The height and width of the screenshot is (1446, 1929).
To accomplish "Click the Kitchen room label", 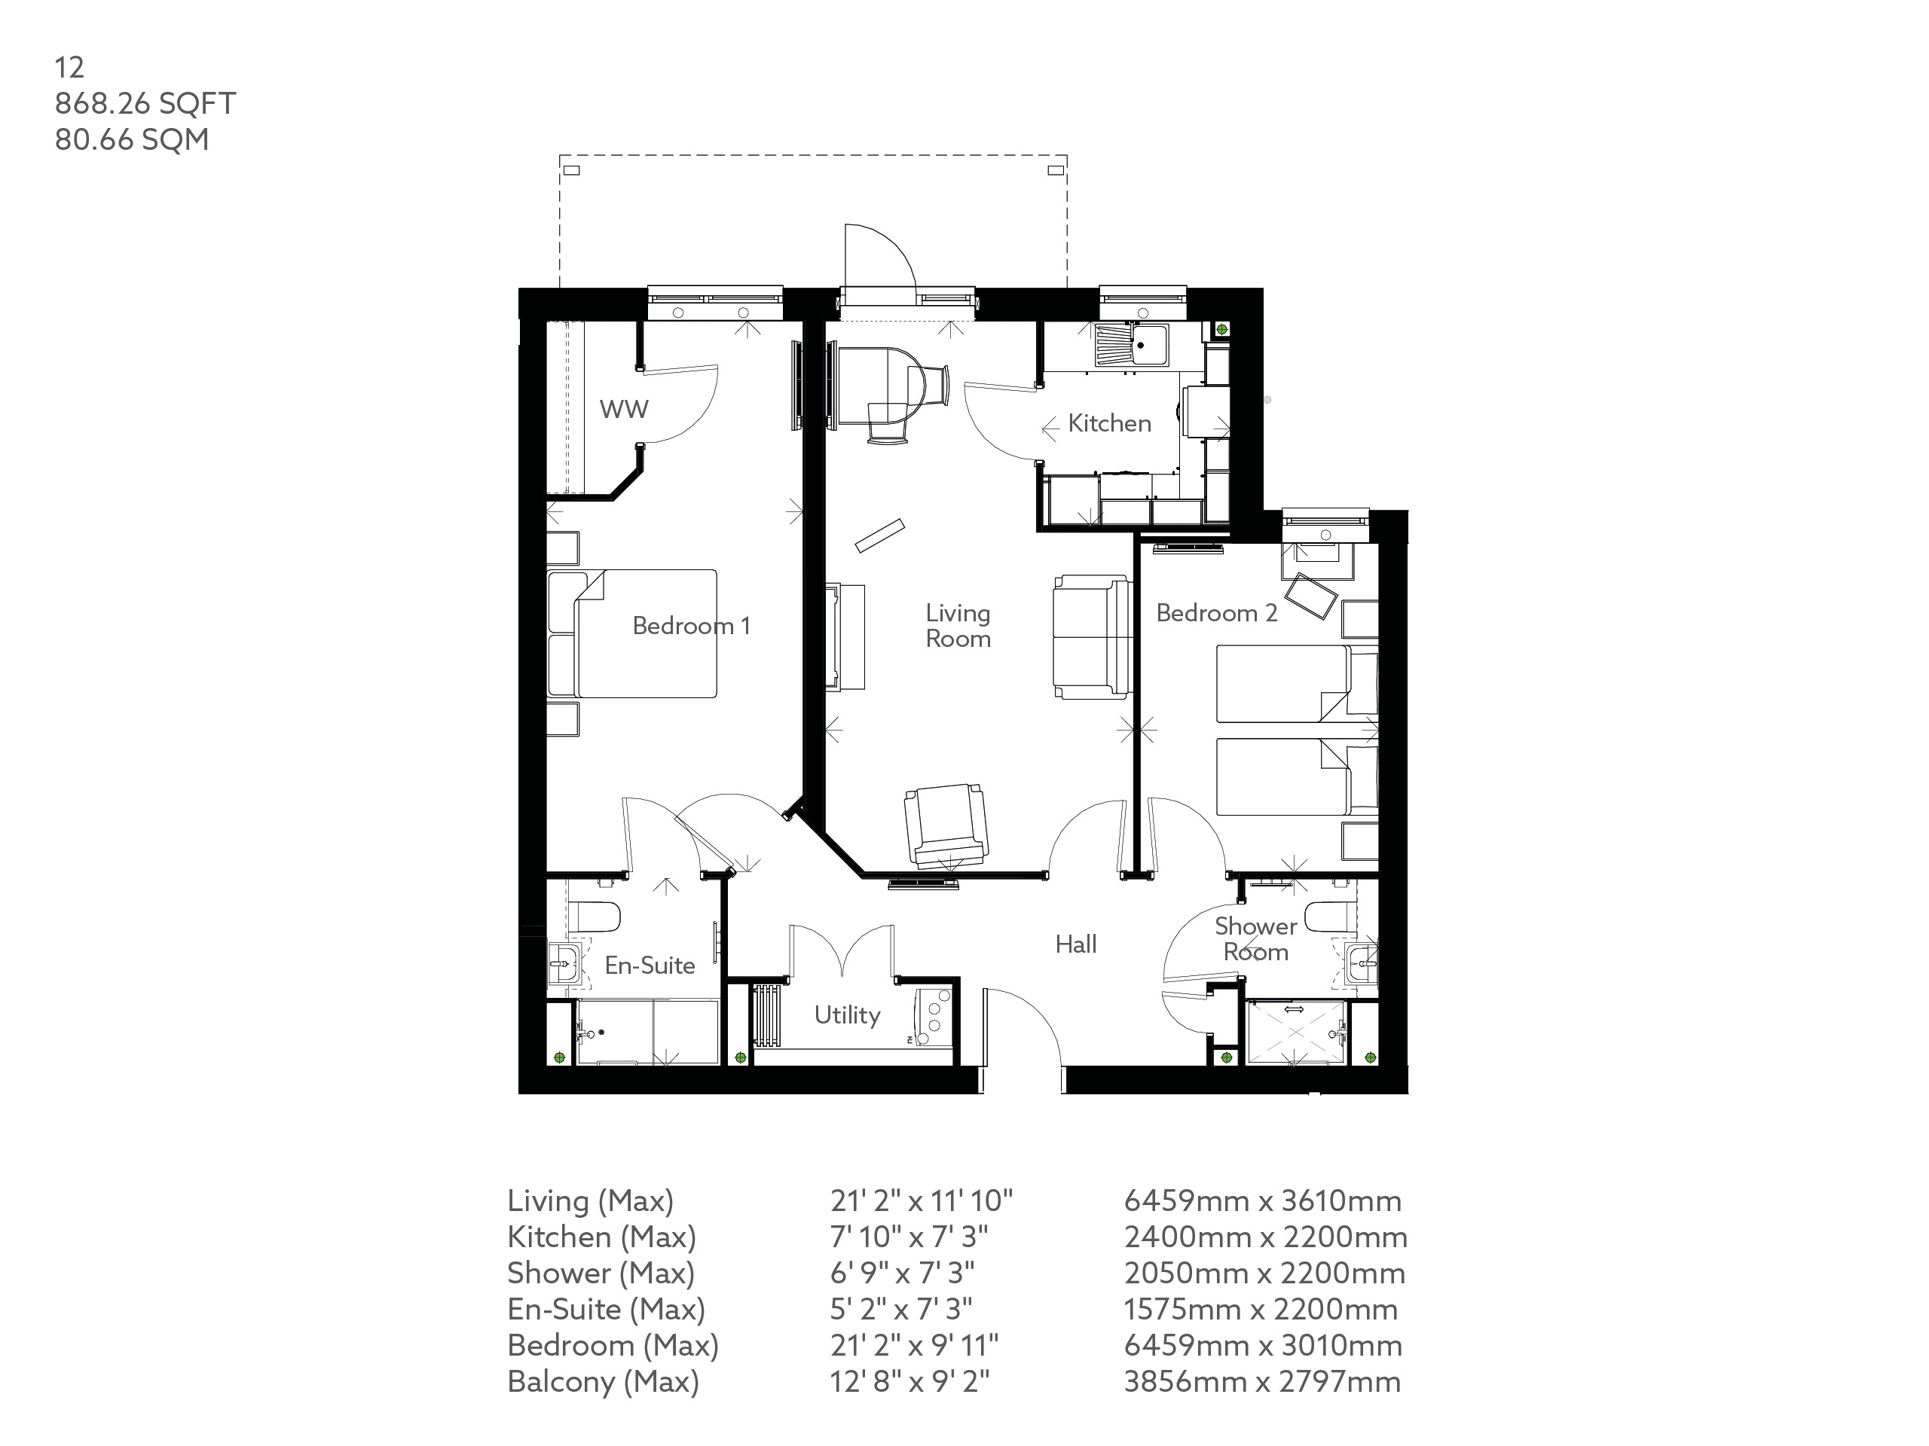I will [1109, 423].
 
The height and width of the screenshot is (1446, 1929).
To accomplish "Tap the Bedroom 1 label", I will [691, 626].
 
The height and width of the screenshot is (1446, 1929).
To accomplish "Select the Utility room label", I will [847, 1014].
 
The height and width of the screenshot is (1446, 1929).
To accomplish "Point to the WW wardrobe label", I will [623, 409].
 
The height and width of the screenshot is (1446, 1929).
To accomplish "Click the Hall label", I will [1075, 944].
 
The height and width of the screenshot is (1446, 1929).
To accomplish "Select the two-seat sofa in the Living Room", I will [1090, 636].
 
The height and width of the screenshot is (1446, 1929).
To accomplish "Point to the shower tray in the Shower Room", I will [1294, 1033].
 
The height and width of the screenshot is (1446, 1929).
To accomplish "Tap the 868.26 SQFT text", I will [145, 104].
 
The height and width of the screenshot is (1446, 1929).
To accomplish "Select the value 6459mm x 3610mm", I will [1262, 1201].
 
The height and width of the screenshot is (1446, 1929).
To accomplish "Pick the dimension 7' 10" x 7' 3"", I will [909, 1237].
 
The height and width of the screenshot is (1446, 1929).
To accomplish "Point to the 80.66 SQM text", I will [132, 139].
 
